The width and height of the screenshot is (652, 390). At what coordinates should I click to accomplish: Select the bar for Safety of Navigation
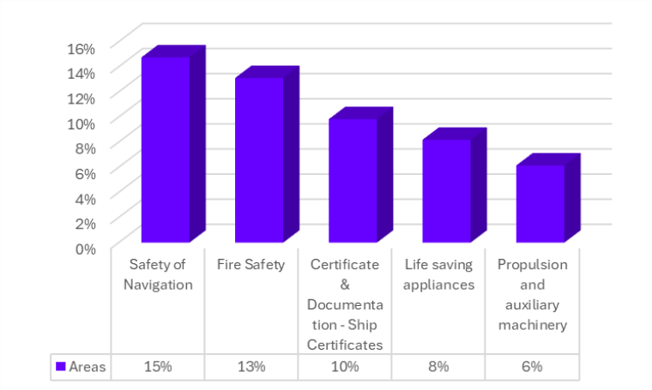[166, 149]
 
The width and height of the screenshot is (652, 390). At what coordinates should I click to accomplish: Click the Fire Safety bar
[259, 159]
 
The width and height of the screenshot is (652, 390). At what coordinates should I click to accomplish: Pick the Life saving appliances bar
[447, 190]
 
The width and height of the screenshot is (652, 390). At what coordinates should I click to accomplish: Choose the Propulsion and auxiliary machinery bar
[540, 203]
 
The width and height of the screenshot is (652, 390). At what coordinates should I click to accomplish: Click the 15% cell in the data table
[159, 367]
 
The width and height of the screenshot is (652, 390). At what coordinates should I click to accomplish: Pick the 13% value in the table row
[251, 367]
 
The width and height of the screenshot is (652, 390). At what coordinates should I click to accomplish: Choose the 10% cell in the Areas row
[345, 367]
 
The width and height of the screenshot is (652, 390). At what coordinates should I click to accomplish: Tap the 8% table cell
[438, 367]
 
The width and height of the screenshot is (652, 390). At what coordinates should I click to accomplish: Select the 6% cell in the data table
[532, 367]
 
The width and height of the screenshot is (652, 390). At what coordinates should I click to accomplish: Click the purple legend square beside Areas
[61, 367]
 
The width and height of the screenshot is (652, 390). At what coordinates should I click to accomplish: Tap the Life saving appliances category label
[438, 274]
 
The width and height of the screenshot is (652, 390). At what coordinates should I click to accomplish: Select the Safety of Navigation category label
[158, 274]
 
